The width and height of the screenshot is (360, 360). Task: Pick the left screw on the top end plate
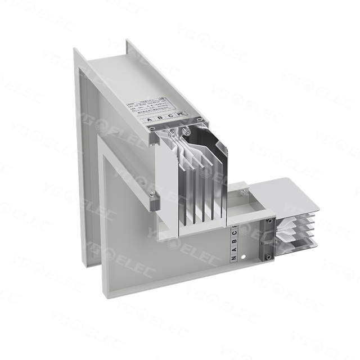tap(151, 128)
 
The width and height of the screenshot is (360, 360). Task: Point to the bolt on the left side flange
tap(152, 194)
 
